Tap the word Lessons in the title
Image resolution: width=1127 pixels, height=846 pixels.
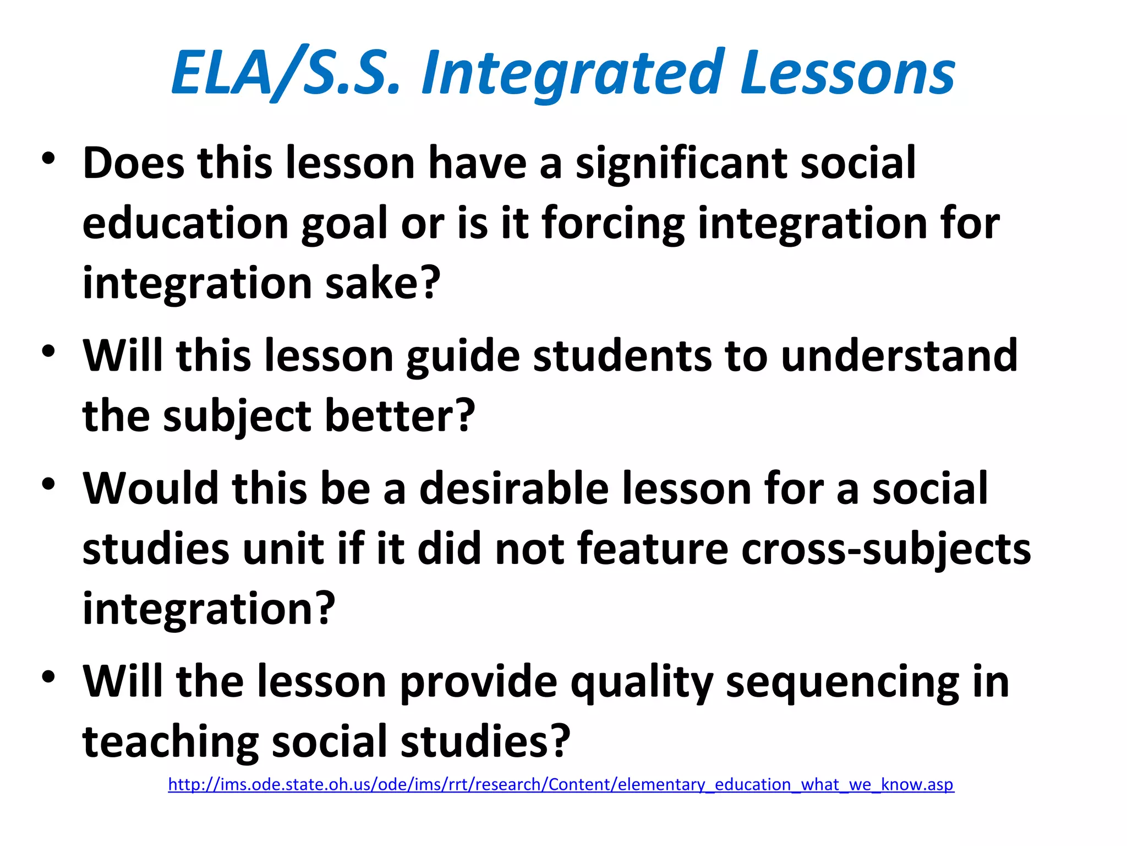click(847, 74)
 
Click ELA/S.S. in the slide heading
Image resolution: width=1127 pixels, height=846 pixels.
click(286, 74)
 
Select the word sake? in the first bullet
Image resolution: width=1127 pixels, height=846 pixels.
click(383, 283)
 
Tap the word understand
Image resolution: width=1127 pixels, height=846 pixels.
click(899, 356)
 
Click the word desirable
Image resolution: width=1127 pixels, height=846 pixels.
click(514, 489)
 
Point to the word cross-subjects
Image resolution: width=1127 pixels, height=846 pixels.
click(886, 549)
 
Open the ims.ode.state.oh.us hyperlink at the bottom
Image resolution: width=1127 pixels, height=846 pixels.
click(561, 784)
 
